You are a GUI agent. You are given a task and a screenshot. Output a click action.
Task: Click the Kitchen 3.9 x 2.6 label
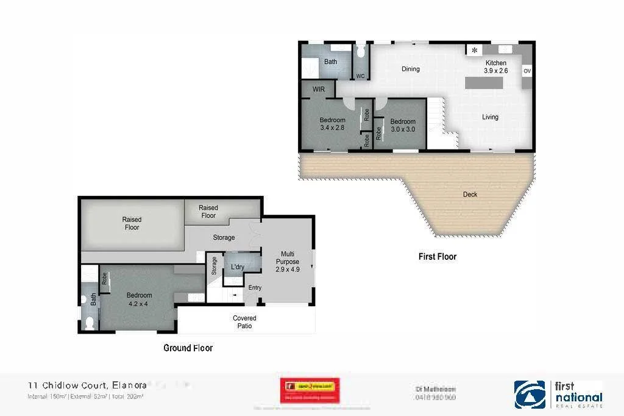(x=495, y=67)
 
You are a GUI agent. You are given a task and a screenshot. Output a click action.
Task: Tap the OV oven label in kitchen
(x=527, y=71)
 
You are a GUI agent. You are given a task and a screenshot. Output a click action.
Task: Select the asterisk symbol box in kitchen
(x=474, y=51)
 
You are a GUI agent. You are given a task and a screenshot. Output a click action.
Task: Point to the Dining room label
(x=410, y=69)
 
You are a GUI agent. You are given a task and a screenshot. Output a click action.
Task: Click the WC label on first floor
(x=360, y=76)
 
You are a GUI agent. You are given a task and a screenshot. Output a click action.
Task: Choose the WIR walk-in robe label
(x=318, y=89)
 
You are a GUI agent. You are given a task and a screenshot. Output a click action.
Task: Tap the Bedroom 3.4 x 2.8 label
(x=332, y=124)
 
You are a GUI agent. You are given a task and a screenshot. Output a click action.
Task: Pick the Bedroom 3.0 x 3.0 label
(x=403, y=126)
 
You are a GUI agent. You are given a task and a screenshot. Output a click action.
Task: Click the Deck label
(x=470, y=195)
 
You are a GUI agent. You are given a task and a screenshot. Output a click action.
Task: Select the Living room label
(x=490, y=117)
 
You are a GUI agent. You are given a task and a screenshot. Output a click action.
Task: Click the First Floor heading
(x=437, y=257)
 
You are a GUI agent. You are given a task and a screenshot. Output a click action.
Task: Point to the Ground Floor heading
(x=188, y=348)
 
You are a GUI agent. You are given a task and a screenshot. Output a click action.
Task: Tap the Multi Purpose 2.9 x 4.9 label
(x=288, y=261)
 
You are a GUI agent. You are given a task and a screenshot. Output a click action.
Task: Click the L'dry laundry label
(x=237, y=267)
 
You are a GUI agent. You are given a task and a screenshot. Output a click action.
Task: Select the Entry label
(x=255, y=288)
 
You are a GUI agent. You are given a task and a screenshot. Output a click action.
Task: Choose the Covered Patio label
(x=244, y=322)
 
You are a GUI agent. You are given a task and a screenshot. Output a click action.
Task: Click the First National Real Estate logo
(x=559, y=394)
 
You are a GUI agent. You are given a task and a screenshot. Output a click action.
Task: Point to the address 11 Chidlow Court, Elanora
(x=87, y=385)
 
